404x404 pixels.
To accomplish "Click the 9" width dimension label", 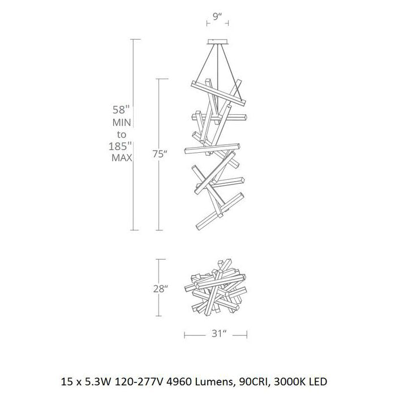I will pos(216,17).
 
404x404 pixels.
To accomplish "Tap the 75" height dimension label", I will pos(160,154).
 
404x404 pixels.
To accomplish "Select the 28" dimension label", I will pos(160,288).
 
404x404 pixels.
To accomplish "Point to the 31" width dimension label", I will pos(216,334).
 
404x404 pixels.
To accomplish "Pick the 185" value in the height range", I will pos(122,146).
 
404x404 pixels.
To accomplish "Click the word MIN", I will pos(122,122).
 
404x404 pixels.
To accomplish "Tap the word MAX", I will pos(122,158).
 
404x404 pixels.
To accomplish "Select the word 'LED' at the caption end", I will pos(317,382).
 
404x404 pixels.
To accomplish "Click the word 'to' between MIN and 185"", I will pos(122,134).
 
